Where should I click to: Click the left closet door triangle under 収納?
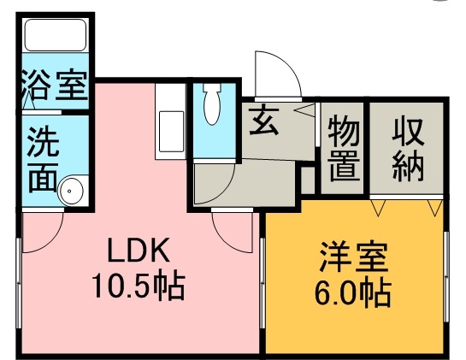click(380, 206)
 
